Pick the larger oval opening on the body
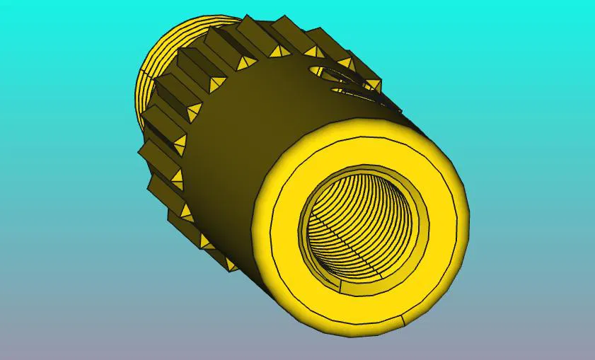tap(333, 75)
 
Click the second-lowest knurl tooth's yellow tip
tap(207, 243)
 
